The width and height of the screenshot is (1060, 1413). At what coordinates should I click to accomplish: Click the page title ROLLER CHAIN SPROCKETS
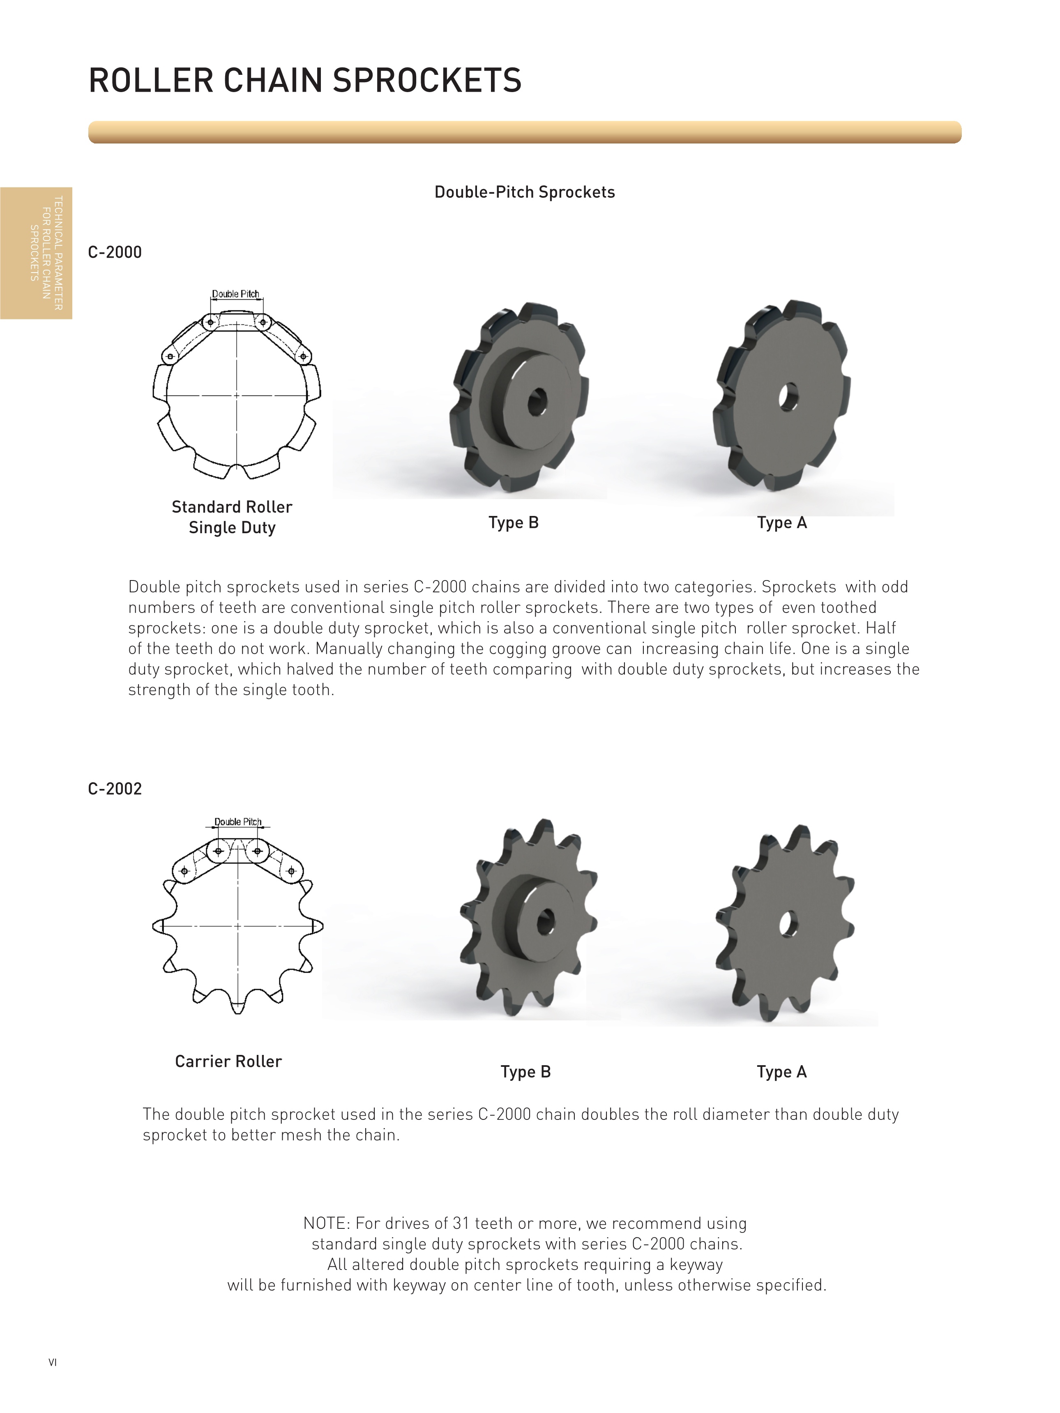pos(304,81)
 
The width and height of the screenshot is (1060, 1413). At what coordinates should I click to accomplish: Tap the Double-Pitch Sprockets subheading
pos(524,192)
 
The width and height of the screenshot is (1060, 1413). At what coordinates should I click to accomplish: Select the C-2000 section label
pos(115,252)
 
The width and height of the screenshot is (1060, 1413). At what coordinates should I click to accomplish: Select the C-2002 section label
pos(115,789)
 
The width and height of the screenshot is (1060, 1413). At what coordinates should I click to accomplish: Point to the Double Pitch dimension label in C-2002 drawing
pos(237,822)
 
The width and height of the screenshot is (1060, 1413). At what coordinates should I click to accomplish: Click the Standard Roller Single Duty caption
pos(232,517)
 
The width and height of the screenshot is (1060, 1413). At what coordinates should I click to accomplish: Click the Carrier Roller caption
pos(228,1061)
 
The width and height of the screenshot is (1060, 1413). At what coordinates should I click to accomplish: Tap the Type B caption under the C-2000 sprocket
pos(514,523)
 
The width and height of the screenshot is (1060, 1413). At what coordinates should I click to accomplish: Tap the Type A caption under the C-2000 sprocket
pos(781,523)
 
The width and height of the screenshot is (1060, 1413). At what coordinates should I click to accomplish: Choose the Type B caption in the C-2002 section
pos(525,1072)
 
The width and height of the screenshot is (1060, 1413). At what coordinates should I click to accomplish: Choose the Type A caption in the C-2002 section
pos(781,1072)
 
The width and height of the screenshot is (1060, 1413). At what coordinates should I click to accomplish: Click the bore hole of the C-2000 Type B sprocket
pos(537,402)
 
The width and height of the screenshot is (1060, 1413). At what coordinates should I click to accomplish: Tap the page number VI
pos(52,1362)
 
